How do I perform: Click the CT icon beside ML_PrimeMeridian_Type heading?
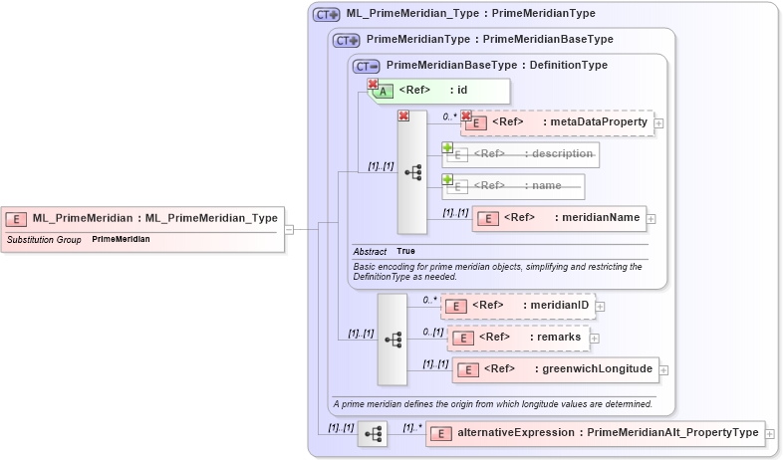326,15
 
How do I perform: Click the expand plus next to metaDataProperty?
659,122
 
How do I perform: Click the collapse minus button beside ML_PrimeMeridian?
289,228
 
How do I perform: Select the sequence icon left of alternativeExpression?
373,434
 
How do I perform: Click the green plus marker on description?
447,148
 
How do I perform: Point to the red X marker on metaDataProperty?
466,116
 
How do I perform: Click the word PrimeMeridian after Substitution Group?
121,240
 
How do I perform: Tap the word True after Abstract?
405,251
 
